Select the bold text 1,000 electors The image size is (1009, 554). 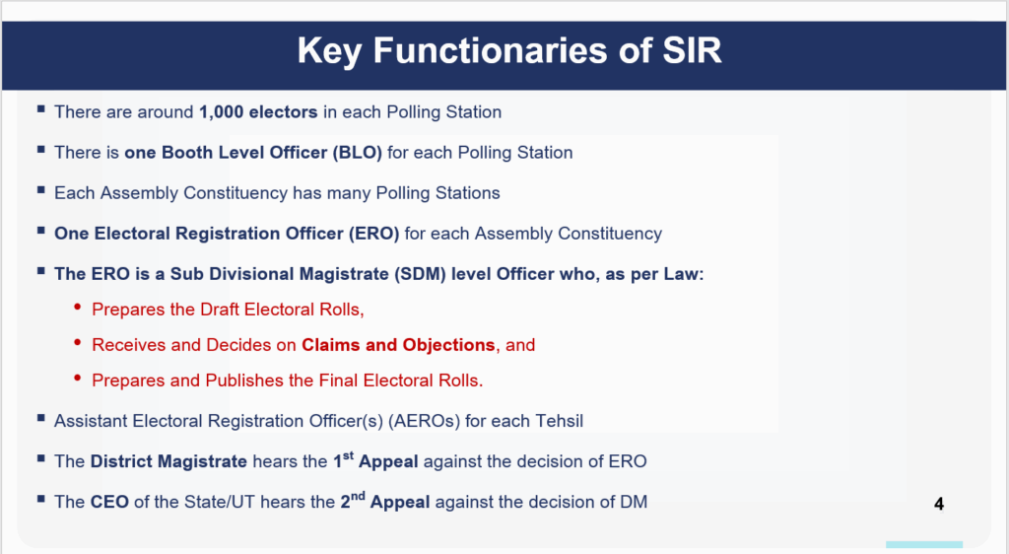(258, 112)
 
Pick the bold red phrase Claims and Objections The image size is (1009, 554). (398, 345)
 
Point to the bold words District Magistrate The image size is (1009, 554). (168, 461)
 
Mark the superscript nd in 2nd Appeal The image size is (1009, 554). (361, 495)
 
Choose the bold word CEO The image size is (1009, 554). (109, 502)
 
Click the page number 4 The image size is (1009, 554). (938, 505)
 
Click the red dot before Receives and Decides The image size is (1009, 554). (78, 344)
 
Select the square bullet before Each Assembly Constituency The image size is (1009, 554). (40, 191)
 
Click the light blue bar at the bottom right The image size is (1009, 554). (923, 544)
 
